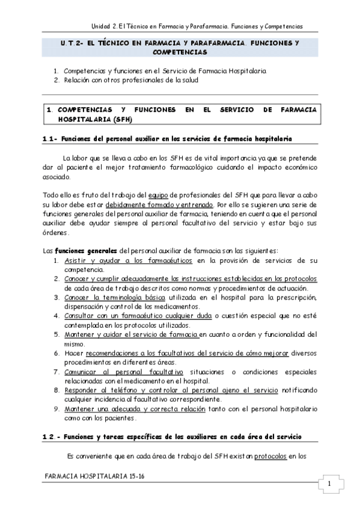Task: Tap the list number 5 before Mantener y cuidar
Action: coord(56,334)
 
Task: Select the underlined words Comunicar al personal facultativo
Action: coord(125,371)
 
